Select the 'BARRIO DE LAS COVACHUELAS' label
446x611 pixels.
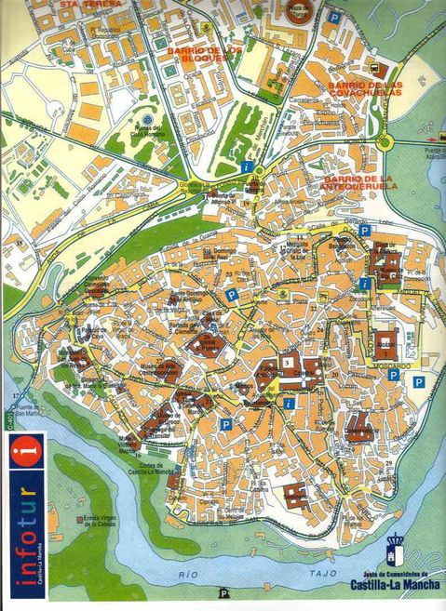365,88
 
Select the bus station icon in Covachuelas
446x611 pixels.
377,70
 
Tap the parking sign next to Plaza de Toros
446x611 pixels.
332,16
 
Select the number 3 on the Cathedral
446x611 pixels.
288,362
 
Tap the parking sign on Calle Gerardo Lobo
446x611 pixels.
364,230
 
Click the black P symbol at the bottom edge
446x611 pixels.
223,593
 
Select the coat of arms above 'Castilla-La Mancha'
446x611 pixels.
397,544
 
